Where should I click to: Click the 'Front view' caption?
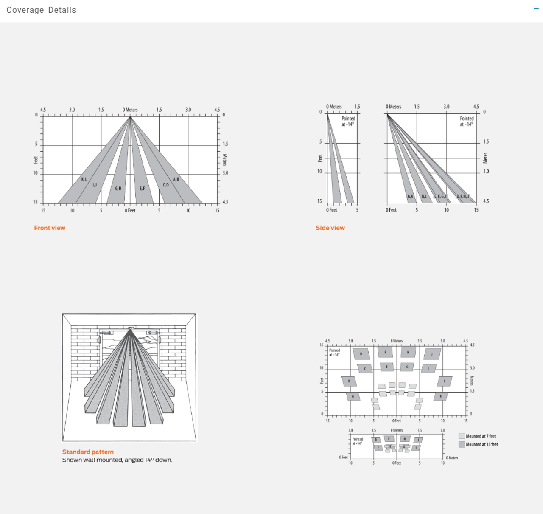(x=50, y=228)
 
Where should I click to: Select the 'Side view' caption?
(x=330, y=228)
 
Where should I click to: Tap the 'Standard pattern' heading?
(x=88, y=452)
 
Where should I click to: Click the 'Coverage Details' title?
(x=41, y=10)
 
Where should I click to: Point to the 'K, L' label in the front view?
(x=84, y=179)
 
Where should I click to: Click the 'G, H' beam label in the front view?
(x=118, y=189)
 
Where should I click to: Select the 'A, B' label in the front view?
(x=176, y=179)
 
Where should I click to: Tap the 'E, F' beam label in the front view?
(x=142, y=189)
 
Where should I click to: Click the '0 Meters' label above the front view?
(x=130, y=110)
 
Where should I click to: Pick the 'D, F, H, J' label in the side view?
(x=463, y=196)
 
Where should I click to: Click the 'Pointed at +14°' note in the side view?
(x=467, y=121)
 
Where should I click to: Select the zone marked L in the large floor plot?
(x=445, y=381)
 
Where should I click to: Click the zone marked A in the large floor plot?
(x=353, y=396)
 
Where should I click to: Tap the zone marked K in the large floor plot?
(x=441, y=396)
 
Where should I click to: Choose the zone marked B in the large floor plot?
(x=349, y=381)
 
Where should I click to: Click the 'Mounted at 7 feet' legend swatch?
(x=462, y=436)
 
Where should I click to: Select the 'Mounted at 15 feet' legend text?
(x=482, y=445)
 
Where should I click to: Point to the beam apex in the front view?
(x=130, y=117)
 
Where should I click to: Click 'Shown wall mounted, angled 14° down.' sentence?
(x=117, y=460)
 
